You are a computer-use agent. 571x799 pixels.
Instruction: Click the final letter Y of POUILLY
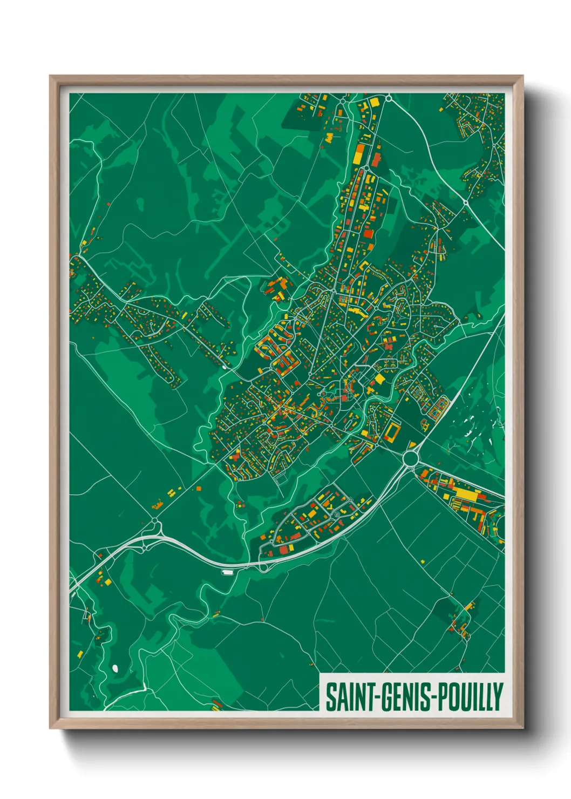[x=498, y=697]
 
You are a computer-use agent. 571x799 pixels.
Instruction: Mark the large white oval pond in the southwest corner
[x=114, y=668]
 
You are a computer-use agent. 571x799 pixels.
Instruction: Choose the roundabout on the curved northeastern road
[x=465, y=202]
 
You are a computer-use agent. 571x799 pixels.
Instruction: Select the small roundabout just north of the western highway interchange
[x=155, y=521]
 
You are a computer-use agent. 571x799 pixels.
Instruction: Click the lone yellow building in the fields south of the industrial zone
[x=422, y=561]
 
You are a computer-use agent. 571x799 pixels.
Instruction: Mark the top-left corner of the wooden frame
[x=50, y=77]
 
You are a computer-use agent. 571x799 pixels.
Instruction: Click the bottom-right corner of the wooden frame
[x=523, y=728]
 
